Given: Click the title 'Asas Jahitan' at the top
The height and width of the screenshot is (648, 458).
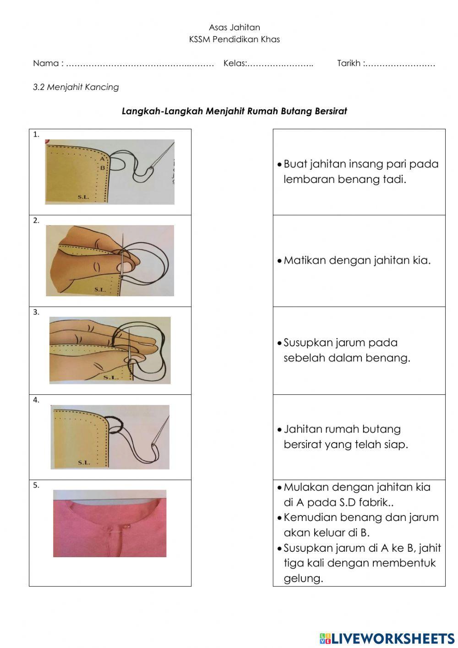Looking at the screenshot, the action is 234,28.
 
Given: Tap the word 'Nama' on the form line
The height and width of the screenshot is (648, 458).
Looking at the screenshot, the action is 45,63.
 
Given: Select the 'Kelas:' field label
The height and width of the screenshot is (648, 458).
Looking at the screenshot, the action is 235,63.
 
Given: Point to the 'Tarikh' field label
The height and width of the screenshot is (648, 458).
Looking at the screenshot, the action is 349,63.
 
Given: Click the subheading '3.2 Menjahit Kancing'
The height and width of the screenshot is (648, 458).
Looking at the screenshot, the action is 76,87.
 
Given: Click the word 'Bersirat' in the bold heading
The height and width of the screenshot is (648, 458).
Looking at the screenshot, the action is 331,111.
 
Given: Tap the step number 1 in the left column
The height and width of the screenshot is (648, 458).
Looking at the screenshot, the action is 36,135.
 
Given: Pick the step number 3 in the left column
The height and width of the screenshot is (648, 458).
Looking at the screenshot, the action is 36,312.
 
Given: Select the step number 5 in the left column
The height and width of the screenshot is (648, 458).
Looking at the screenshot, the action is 36,485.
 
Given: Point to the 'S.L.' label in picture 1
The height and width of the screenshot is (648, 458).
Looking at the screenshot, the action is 83,197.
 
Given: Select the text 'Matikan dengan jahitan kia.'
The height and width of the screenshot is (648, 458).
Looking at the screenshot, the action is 357,260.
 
